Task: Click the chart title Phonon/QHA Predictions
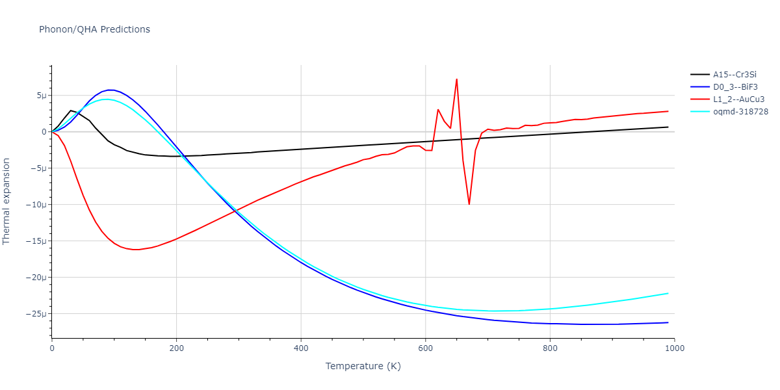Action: [94, 29]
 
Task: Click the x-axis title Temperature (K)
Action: [363, 367]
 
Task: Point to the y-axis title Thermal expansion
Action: [7, 201]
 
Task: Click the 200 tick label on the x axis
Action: [176, 348]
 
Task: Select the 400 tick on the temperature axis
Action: [301, 348]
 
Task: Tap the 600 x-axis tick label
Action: [425, 348]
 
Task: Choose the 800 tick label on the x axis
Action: [550, 348]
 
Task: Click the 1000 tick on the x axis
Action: [674, 348]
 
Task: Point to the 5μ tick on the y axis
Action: [40, 96]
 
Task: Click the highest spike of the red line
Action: [457, 79]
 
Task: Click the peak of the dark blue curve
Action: [111, 90]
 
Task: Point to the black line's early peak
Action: [71, 110]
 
